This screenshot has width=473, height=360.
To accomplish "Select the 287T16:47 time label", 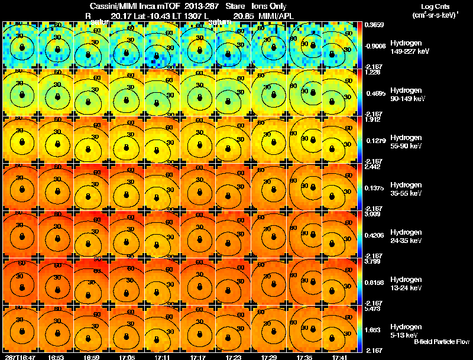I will [20, 356].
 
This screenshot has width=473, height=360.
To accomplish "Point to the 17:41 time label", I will [339, 356].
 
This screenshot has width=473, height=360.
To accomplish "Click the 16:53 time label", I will [56, 356].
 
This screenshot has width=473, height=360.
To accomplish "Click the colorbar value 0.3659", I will [374, 25].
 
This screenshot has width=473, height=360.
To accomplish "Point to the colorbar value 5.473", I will [373, 309].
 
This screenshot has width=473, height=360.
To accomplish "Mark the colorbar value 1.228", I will [373, 73].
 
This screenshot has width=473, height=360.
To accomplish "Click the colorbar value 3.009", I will [373, 215].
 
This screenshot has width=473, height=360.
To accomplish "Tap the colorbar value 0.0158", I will [374, 268].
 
